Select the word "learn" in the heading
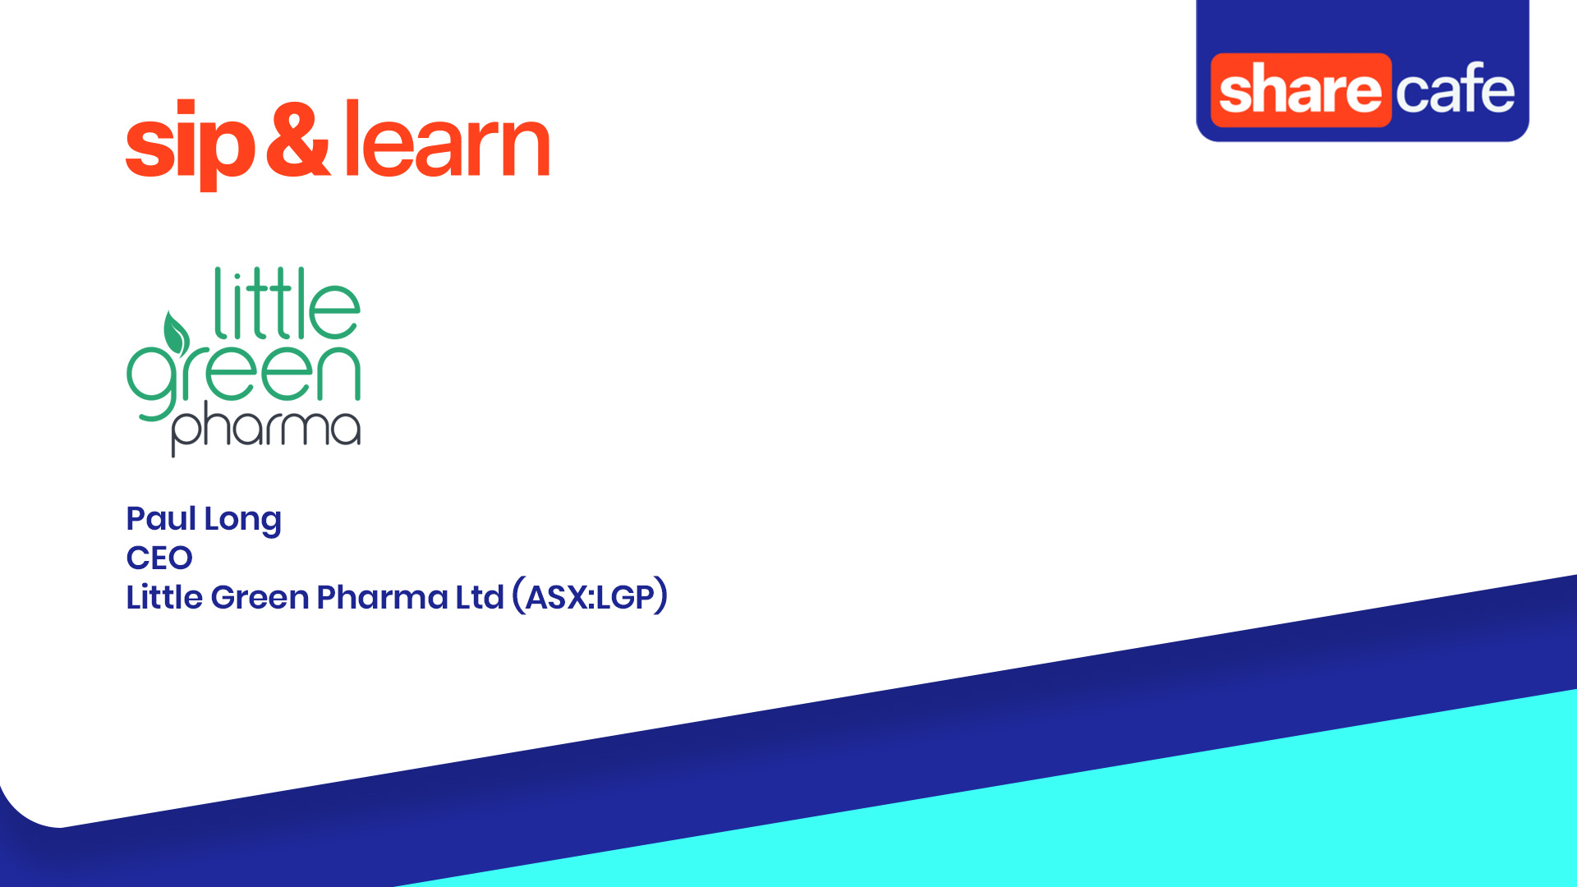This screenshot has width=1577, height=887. (x=447, y=140)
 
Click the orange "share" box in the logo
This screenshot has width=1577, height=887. (x=1300, y=90)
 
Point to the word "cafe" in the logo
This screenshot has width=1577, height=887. (x=1455, y=89)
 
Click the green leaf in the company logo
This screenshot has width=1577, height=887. (x=176, y=333)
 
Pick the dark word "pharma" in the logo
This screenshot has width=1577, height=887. (x=265, y=428)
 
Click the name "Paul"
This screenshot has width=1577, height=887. (x=161, y=518)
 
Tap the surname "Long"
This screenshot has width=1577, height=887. (x=242, y=520)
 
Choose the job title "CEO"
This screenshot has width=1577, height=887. (x=159, y=558)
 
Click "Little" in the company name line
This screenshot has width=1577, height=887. (x=164, y=597)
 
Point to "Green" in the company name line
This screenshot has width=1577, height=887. (x=260, y=597)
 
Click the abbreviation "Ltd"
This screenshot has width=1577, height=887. (x=479, y=597)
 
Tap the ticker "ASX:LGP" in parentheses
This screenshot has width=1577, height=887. (x=590, y=597)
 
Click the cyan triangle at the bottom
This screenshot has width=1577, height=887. (x=1232, y=813)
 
